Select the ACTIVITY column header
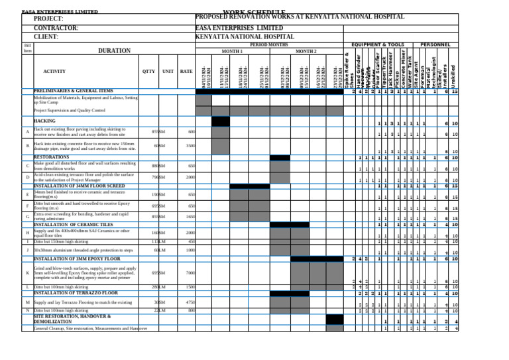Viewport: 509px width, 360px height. [54, 70]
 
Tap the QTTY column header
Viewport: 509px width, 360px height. [149, 70]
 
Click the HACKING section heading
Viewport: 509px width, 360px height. [44, 121]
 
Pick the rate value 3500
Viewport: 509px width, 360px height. [190, 145]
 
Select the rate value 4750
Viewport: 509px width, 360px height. [190, 302]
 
